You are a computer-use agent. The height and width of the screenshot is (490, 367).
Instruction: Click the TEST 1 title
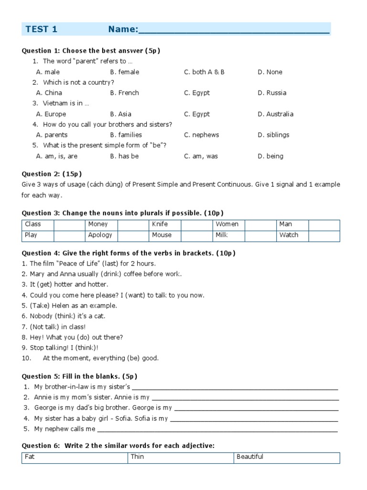42,29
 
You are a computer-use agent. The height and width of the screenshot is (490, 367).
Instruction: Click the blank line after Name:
234,31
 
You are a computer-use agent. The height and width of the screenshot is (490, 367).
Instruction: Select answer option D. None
270,72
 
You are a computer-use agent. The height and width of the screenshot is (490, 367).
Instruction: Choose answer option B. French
124,93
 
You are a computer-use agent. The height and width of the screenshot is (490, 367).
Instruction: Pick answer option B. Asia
121,114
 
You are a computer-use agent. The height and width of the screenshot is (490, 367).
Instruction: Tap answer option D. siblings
273,135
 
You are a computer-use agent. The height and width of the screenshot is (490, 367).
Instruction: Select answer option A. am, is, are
57,156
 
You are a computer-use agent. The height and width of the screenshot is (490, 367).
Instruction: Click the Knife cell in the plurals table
160,224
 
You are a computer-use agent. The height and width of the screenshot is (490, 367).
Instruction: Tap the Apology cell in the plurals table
100,235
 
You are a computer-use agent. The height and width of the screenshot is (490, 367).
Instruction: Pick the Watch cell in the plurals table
289,235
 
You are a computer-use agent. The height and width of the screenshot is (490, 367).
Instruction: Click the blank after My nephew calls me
217,429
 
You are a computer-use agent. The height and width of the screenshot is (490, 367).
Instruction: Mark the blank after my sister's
235,387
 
